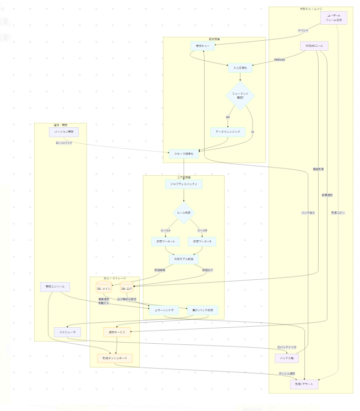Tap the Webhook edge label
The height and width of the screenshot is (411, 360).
(x=279, y=59)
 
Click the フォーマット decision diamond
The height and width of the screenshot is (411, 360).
(x=240, y=96)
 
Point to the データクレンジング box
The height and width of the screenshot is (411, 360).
(x=227, y=132)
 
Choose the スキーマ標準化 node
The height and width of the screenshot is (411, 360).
(x=183, y=155)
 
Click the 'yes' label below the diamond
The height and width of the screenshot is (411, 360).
(x=227, y=117)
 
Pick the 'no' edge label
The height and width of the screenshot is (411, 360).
(x=253, y=132)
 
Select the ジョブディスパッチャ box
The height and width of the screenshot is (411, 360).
(x=183, y=184)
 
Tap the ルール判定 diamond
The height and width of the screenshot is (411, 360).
(x=183, y=213)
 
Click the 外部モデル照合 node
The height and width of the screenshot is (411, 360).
(x=184, y=258)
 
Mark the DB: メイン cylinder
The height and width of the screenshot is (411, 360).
(x=105, y=288)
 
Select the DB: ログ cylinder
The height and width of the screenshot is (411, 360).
(x=127, y=288)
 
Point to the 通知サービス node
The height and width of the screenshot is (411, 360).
(x=117, y=332)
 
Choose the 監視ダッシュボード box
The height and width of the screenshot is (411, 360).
(x=115, y=358)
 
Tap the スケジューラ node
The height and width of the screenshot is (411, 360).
(x=68, y=332)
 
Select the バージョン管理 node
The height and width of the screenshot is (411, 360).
(x=64, y=132)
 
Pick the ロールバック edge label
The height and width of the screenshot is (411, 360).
(x=64, y=143)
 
